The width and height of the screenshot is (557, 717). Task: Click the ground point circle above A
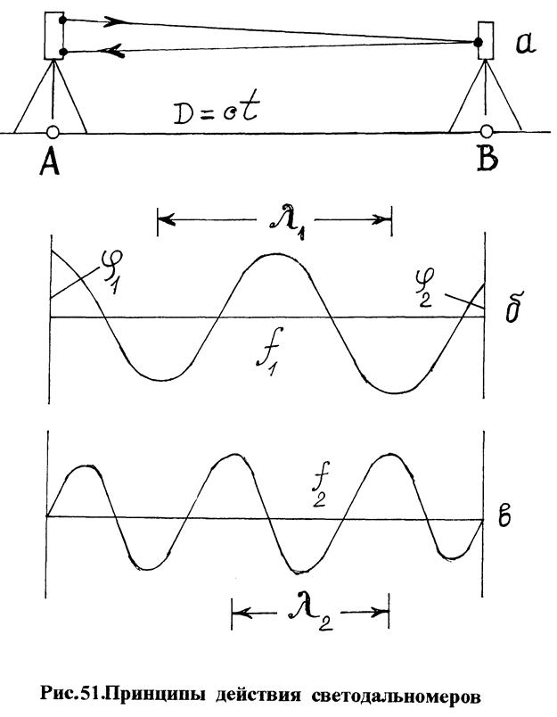click(x=53, y=133)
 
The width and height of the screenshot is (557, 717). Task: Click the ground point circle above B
click(x=487, y=133)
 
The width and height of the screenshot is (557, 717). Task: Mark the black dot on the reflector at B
click(x=479, y=41)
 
